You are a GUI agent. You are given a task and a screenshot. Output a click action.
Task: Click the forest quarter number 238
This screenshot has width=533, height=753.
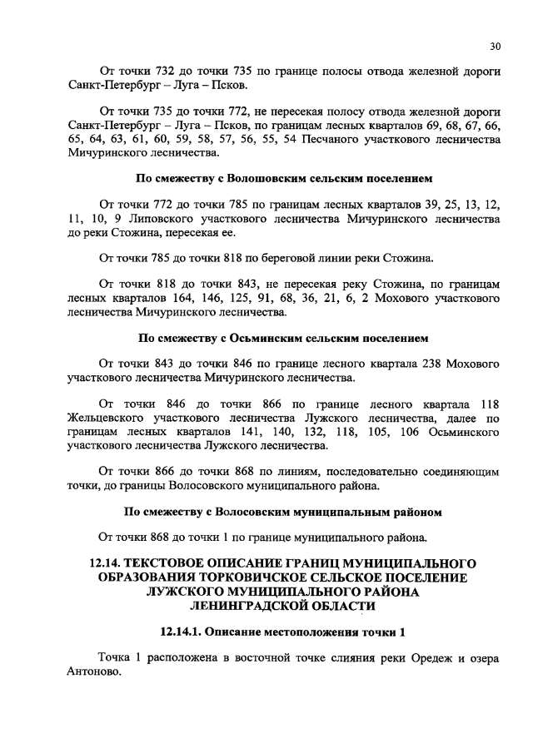[x=424, y=364]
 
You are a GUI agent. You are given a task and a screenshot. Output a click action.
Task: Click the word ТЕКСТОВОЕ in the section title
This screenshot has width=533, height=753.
[x=178, y=563]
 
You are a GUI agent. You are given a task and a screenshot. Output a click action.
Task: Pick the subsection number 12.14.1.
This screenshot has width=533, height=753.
[x=184, y=632]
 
